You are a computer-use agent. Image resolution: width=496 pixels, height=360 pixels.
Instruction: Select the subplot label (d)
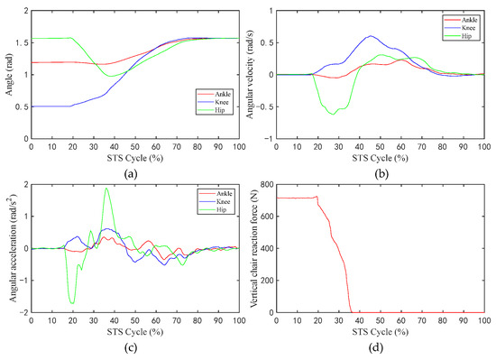pyautogui.click(x=378, y=350)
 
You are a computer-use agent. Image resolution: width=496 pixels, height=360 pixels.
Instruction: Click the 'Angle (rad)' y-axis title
pyautogui.click(x=7, y=76)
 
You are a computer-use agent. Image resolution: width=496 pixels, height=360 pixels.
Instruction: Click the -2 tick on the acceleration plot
pyautogui.click(x=23, y=312)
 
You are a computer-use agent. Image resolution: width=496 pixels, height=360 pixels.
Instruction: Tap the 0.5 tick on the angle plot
pyautogui.click(x=21, y=106)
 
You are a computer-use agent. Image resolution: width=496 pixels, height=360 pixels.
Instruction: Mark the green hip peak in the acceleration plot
pyautogui.click(x=106, y=189)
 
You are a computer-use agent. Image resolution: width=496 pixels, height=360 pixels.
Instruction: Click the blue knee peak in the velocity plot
pyautogui.click(x=370, y=37)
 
